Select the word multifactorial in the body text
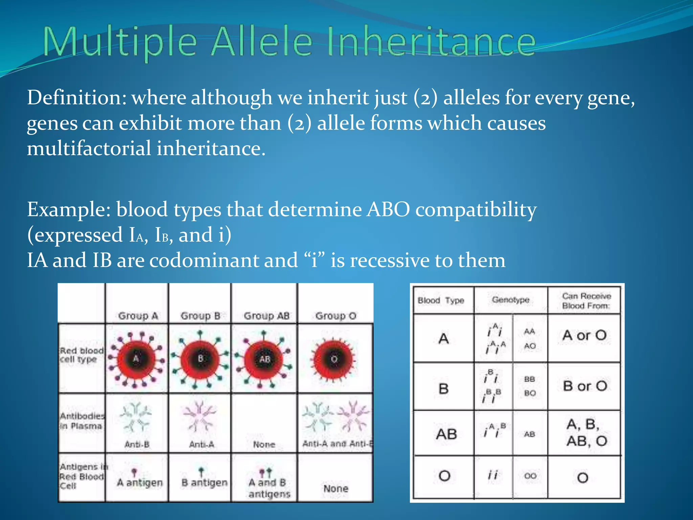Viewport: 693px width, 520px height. pyautogui.click(x=89, y=149)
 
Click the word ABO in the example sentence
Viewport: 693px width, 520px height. pyautogui.click(x=388, y=210)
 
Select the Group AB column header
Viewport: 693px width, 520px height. pyautogui.click(x=266, y=316)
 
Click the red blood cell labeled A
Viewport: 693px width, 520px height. pyautogui.click(x=136, y=359)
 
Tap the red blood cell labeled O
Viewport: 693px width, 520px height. pyautogui.click(x=334, y=359)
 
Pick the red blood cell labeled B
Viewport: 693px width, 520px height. pyautogui.click(x=200, y=359)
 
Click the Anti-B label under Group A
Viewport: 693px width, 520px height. pyautogui.click(x=137, y=444)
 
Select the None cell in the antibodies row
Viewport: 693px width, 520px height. pyautogui.click(x=264, y=444)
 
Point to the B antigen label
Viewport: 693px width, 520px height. pyautogui.click(x=204, y=482)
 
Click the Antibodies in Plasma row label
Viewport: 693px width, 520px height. pyautogui.click(x=82, y=421)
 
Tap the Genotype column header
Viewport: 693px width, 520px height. pyautogui.click(x=510, y=300)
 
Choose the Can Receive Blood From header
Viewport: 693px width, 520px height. pyautogui.click(x=586, y=301)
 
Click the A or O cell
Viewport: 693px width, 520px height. pyautogui.click(x=584, y=335)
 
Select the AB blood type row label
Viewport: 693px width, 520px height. pyautogui.click(x=446, y=434)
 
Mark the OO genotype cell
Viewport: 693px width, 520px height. pyautogui.click(x=530, y=476)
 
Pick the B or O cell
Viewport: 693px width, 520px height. pyautogui.click(x=585, y=386)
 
